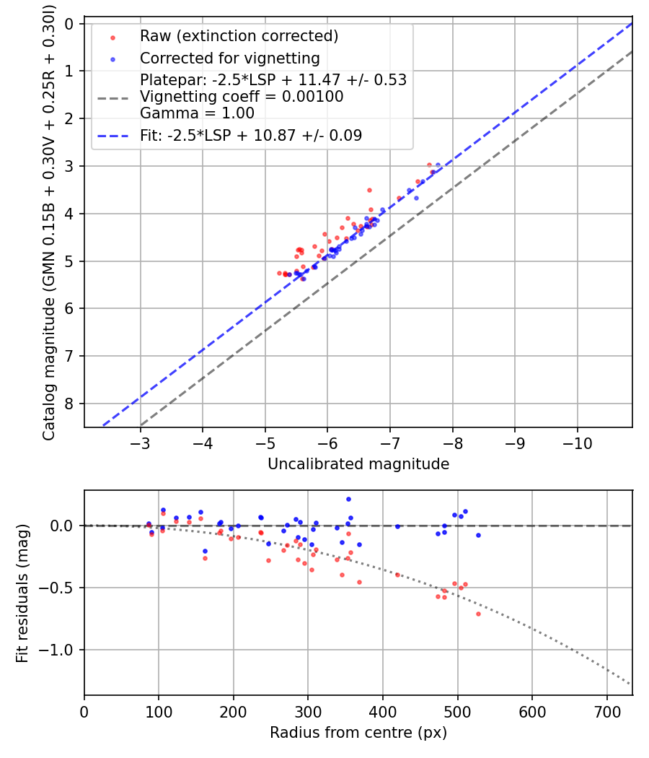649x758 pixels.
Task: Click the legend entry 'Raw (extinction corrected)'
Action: (239, 36)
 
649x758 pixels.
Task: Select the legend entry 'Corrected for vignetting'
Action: (229, 58)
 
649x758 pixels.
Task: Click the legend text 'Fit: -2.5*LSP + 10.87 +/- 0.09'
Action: (251, 135)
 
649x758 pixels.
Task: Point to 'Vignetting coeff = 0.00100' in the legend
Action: (242, 97)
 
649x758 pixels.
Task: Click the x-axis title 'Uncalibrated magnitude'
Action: (358, 464)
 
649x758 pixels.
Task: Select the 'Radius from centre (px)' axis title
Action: (358, 733)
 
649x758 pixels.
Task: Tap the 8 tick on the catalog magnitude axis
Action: (70, 404)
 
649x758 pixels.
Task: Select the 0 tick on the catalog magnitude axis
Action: (70, 24)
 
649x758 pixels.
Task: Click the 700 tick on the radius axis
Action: (606, 710)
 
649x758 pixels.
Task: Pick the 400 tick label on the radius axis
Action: (383, 710)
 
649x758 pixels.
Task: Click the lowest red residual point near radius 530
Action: (478, 614)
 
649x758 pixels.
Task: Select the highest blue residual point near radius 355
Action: (348, 499)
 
